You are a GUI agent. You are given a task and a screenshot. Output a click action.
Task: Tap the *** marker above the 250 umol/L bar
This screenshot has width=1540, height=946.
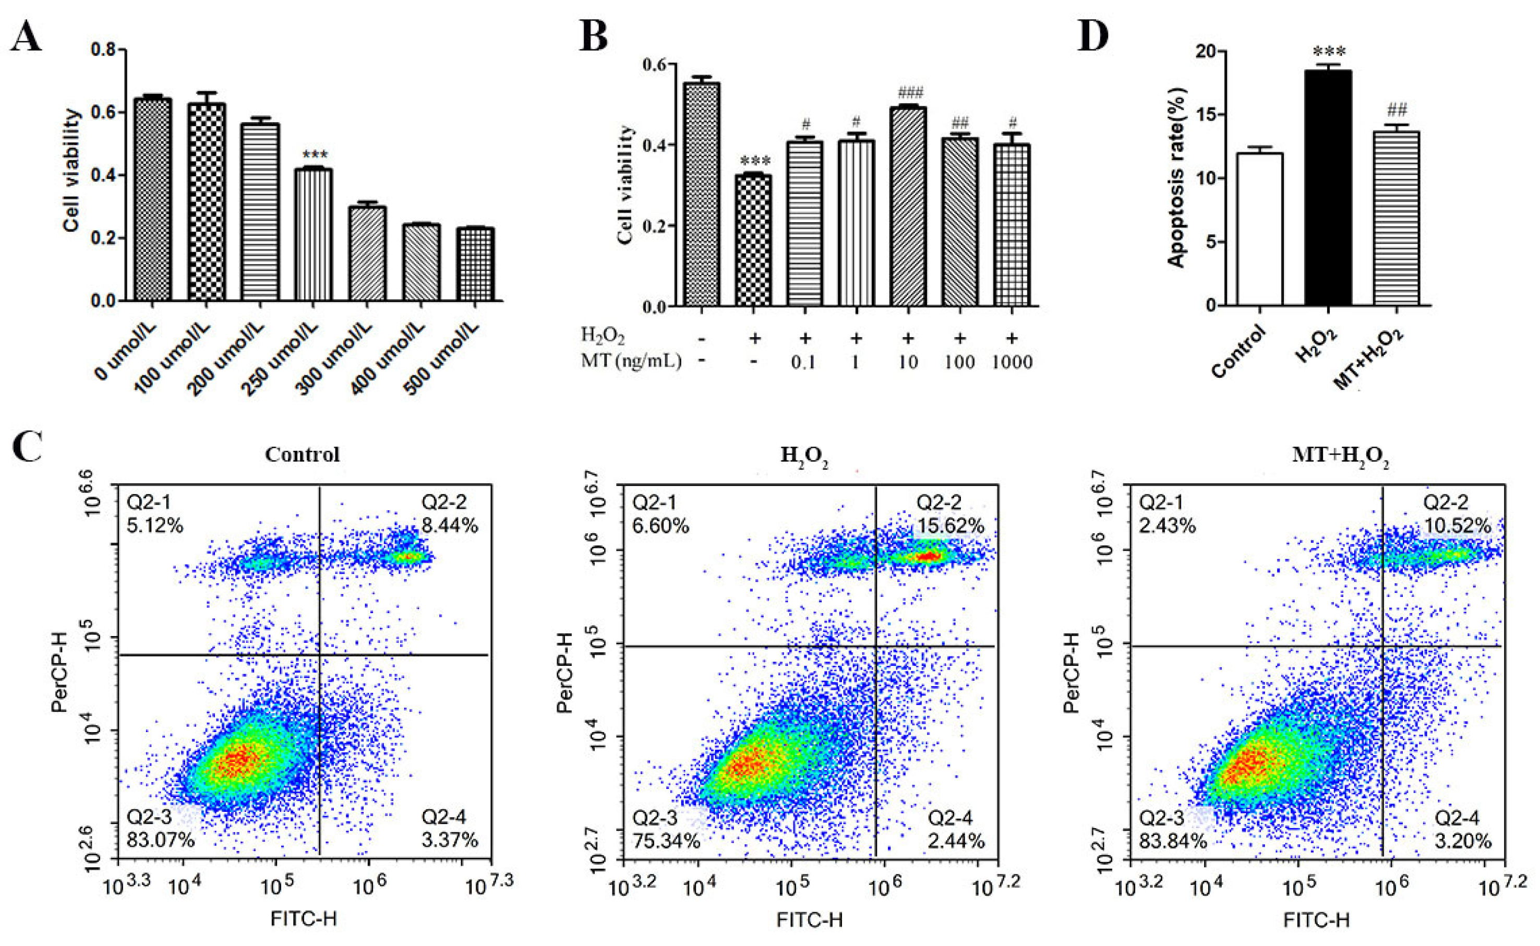click(x=314, y=154)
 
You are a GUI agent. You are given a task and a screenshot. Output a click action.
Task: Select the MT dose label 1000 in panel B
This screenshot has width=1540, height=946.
click(x=1012, y=362)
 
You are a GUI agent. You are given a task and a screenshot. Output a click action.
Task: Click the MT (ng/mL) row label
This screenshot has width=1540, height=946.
click(x=631, y=361)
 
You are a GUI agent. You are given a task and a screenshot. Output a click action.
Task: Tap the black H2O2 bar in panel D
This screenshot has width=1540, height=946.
click(x=1328, y=188)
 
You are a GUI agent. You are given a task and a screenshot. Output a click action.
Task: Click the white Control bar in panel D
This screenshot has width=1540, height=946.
click(x=1260, y=229)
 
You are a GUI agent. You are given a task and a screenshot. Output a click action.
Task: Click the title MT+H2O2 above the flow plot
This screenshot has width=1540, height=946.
click(x=1340, y=456)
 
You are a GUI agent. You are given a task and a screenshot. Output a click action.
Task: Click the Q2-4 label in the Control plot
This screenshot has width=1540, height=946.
click(x=443, y=817)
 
